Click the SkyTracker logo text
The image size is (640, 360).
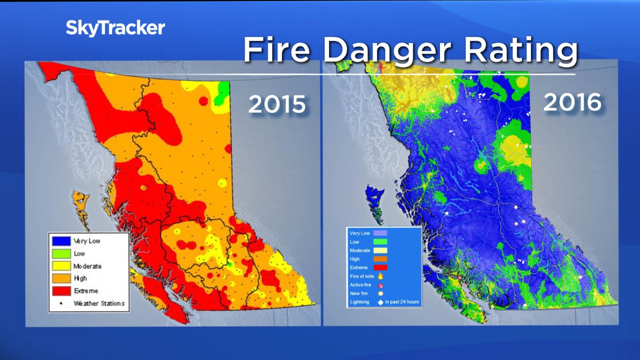coord(115,28)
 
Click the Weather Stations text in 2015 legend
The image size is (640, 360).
coord(99,303)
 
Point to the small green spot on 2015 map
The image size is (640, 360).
coord(229,264)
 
